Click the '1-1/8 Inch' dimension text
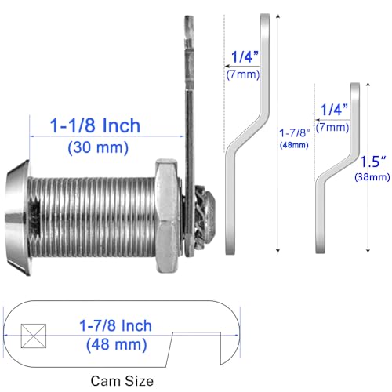95,125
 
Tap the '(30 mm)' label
98,147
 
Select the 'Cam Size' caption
122,381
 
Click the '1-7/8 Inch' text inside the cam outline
115,325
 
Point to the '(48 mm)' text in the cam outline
117,344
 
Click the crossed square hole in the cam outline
34,336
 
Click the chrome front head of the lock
17,217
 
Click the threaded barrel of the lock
93,217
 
